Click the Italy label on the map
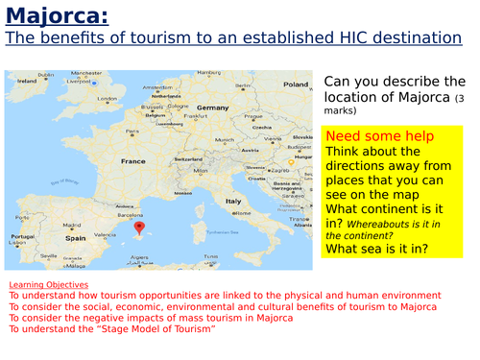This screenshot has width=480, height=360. [233, 201]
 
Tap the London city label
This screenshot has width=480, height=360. [107, 99]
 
